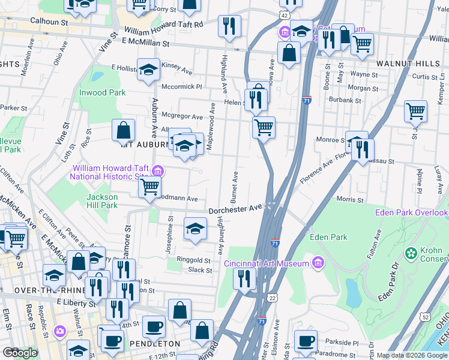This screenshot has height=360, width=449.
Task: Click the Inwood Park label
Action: (x=103, y=92)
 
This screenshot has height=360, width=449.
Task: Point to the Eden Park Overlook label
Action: (x=412, y=213)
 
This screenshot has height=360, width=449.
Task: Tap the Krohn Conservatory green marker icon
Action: (x=411, y=253)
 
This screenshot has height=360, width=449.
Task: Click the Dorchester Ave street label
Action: (x=236, y=210)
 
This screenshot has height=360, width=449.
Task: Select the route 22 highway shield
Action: (x=273, y=298)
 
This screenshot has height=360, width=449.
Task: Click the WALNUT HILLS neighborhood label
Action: (x=406, y=62)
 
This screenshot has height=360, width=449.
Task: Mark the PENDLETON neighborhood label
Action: (x=154, y=343)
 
